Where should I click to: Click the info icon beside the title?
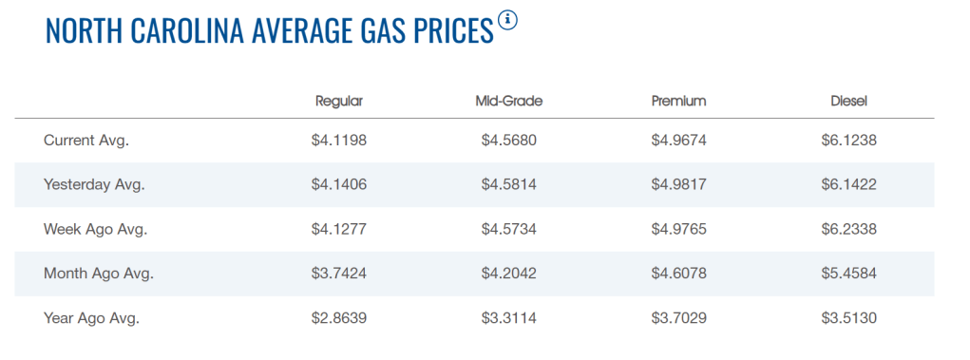508,20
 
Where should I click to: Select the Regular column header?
339,102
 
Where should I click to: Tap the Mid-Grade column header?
508,102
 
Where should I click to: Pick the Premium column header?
678,102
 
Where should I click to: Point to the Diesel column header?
848,102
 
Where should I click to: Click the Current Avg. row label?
86,141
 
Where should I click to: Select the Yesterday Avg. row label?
94,185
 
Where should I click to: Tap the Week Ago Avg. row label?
95,230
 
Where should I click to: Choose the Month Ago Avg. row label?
99,274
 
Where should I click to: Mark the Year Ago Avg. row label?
91,318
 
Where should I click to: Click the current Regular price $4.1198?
339,141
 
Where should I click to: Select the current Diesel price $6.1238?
848,141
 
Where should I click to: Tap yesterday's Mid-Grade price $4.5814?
508,185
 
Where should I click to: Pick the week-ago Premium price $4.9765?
678,230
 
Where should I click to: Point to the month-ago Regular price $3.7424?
339,274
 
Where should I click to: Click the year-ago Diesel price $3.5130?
848,318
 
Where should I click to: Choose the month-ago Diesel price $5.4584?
848,274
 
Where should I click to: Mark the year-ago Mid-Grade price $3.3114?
508,318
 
